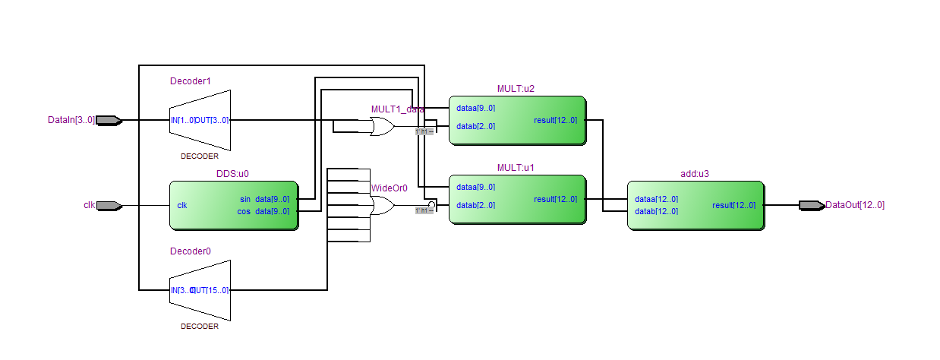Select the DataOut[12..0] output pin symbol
812,205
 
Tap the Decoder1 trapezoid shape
200,120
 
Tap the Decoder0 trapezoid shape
200,290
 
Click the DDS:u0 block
233,205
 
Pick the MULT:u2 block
516,120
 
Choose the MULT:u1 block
516,199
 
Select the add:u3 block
695,205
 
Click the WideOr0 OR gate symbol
382,206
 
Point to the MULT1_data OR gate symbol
382,127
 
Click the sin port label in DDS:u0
244,199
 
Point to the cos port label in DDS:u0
244,211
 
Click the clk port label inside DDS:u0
182,205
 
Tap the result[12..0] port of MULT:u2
555,120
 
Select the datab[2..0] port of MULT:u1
475,205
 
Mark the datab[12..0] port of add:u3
656,211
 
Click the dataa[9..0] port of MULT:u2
475,108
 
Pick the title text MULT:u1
516,167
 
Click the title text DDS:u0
233,173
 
